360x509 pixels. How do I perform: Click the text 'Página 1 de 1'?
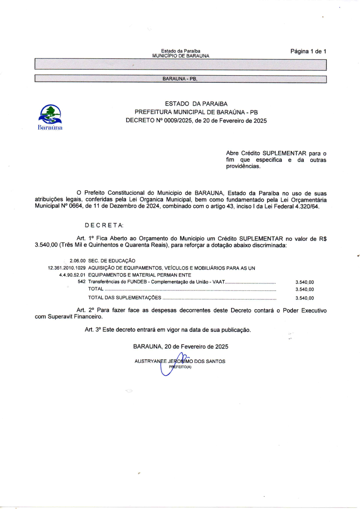(x=308, y=52)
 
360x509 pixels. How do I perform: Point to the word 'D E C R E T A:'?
(x=104, y=226)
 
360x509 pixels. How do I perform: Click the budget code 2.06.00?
(x=78, y=261)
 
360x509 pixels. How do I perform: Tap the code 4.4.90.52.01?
(x=72, y=275)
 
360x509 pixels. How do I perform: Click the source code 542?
(x=82, y=282)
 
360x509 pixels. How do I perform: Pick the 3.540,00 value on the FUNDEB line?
(x=304, y=282)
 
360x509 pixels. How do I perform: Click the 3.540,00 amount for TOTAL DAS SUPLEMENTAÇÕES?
(x=304, y=298)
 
